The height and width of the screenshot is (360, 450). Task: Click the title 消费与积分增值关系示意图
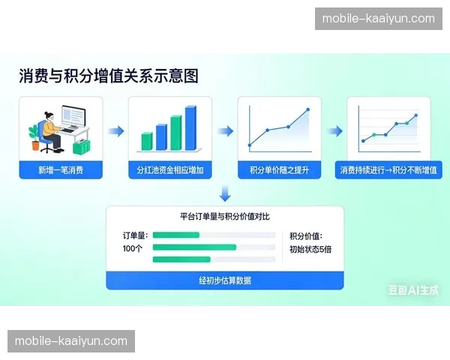(109, 76)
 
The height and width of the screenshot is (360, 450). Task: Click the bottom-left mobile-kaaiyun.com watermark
(71, 341)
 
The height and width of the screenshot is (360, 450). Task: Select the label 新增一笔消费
(61, 171)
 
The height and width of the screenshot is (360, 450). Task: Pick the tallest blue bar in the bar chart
(190, 129)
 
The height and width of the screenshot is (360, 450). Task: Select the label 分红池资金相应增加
(170, 171)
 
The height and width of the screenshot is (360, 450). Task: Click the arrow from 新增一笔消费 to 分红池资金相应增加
(115, 131)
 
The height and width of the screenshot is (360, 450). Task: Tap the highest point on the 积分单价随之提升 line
(307, 110)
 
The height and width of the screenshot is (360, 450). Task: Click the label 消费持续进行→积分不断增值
(388, 171)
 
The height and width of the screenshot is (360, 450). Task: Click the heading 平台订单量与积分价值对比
(225, 217)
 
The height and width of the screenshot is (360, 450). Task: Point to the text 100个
(132, 247)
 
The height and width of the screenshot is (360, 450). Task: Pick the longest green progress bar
(194, 247)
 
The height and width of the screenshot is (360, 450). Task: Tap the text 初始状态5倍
(310, 248)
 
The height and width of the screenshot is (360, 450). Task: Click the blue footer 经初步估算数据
(225, 280)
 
